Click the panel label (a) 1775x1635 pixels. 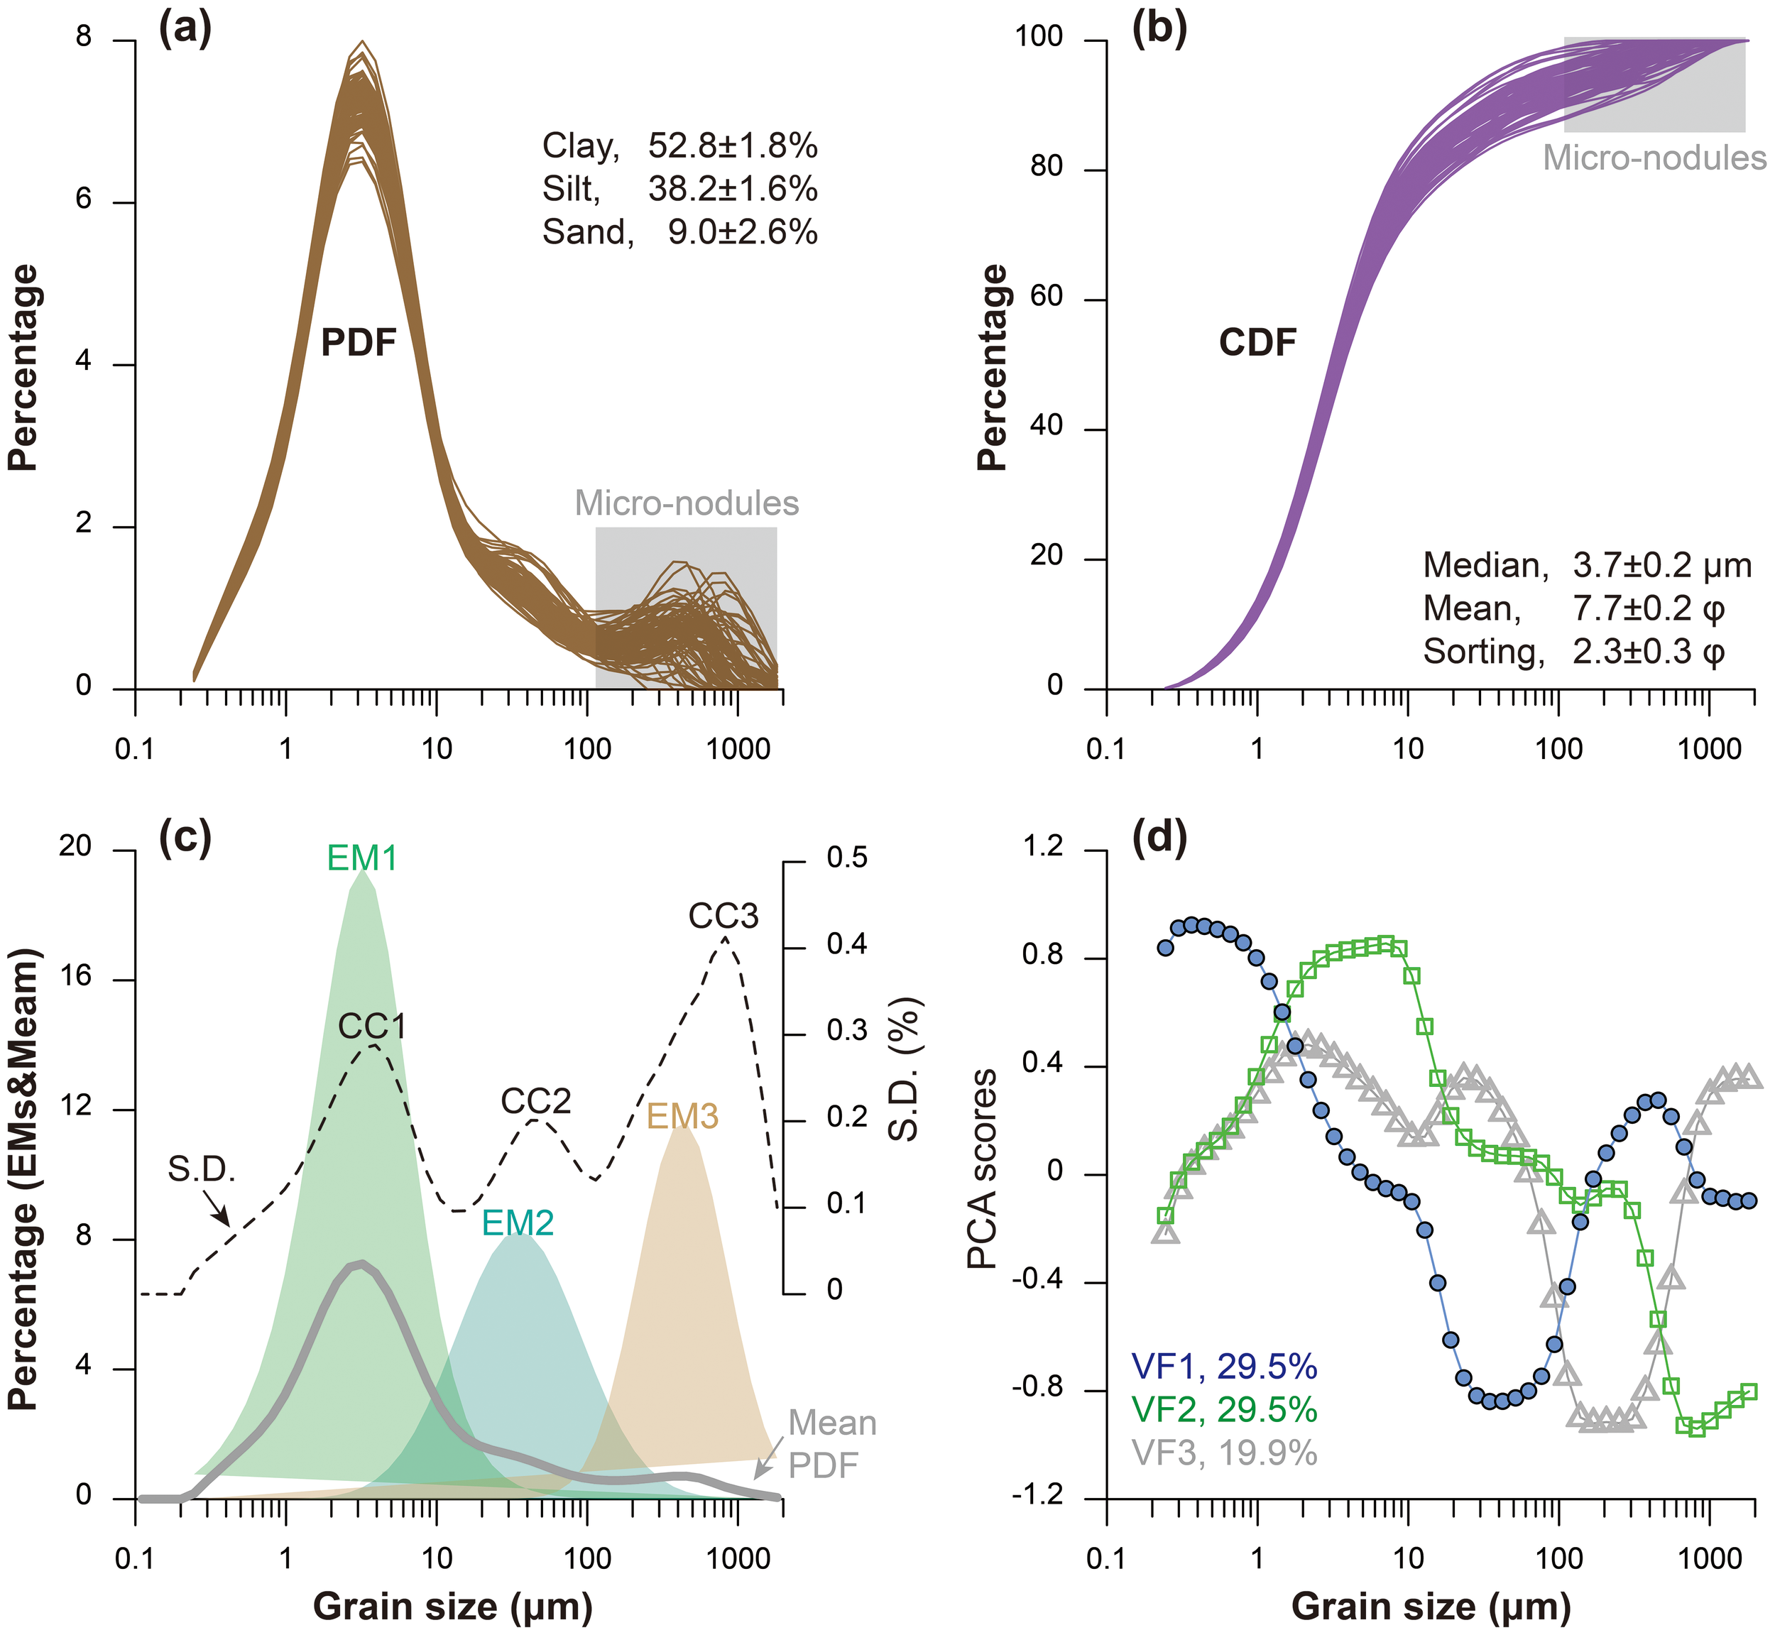(x=185, y=29)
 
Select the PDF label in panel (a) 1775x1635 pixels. (x=359, y=342)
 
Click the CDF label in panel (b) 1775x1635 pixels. (x=1257, y=342)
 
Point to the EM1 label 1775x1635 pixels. (x=362, y=858)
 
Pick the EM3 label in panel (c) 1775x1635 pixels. (x=682, y=1117)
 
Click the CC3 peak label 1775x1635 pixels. (x=723, y=917)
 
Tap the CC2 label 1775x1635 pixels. (x=536, y=1102)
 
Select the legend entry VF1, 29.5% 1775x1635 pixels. (x=1224, y=1367)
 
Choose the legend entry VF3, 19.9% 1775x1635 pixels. (x=1224, y=1453)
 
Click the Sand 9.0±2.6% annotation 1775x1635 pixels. (x=679, y=232)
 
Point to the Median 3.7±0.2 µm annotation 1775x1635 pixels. (x=1587, y=565)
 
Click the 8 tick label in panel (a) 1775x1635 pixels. (x=83, y=40)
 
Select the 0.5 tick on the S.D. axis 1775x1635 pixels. (x=847, y=858)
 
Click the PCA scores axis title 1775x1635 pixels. (x=982, y=1169)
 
